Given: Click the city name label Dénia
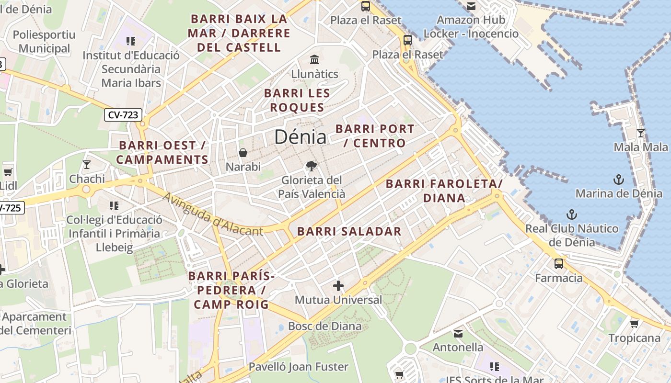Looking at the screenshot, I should point(300,137).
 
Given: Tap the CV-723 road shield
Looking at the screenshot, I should point(123,115).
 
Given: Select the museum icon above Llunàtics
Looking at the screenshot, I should point(314,60).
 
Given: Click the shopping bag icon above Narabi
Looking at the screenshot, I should point(243,153).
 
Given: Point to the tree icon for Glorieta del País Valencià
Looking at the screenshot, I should point(312,166).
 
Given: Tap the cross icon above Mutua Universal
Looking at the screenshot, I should point(338,286).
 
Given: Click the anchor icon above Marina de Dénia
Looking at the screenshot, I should point(619,180).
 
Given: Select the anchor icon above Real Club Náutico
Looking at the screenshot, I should point(571,214).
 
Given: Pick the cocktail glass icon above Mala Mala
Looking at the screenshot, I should point(640,133).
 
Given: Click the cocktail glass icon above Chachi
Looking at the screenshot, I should point(87,165).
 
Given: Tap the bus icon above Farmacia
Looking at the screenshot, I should point(558,263).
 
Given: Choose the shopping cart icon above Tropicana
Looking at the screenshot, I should point(634,324).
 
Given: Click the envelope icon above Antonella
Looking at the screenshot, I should point(458,333).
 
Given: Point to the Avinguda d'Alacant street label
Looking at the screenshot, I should point(212,215).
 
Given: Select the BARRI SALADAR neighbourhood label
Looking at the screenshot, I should point(349,232).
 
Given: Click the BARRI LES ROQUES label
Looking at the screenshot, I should point(297,100).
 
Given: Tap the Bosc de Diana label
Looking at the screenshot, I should point(324,327).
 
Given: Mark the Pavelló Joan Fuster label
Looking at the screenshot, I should point(298,367).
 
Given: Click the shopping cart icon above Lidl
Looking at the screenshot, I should point(8,172).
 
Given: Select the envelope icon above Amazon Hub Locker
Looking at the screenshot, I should point(471,6).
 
